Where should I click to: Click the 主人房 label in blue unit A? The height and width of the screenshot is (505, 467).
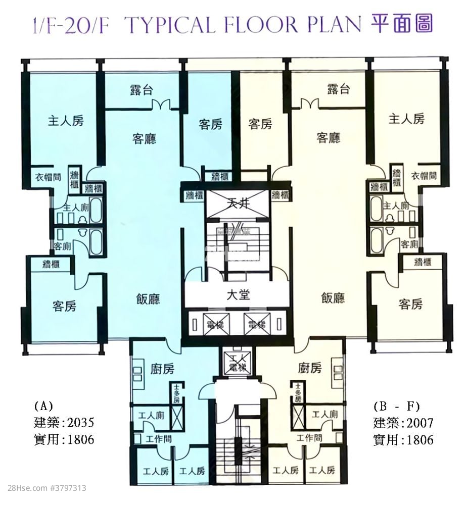point(66,121)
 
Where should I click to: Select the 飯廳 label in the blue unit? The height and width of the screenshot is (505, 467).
point(148,299)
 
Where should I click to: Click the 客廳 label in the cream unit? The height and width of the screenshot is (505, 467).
point(328,137)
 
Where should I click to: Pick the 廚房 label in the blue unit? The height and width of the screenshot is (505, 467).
point(162,369)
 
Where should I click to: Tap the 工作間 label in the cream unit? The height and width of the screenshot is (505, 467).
point(309,438)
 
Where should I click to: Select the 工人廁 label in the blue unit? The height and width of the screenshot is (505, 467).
point(151,416)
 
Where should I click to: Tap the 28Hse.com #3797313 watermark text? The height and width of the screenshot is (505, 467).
point(43,488)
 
